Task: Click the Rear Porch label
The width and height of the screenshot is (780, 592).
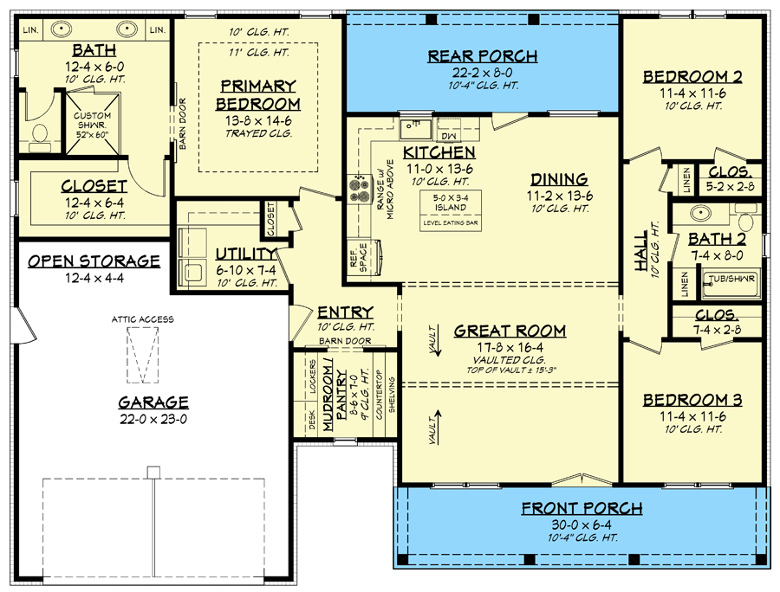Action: point(483,56)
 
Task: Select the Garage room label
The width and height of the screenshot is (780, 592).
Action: point(153,402)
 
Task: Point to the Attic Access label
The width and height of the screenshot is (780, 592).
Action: point(143,319)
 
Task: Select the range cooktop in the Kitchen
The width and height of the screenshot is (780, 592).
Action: point(358,190)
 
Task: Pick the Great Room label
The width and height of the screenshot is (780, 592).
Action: point(510,331)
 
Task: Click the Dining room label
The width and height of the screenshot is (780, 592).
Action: point(559,179)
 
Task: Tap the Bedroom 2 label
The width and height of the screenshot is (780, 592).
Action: point(692,77)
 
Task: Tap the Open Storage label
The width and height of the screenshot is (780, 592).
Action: point(94,261)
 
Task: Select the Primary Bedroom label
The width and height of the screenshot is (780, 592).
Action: point(258,94)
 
